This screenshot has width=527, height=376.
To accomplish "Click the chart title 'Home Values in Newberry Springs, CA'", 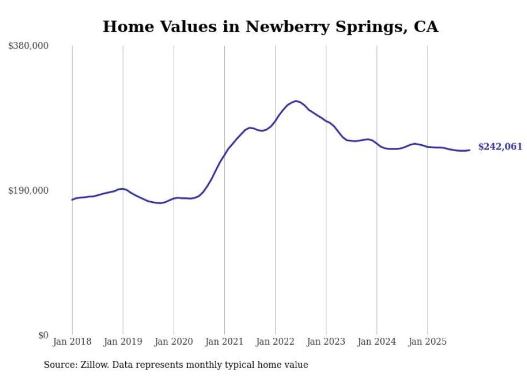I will (270, 26).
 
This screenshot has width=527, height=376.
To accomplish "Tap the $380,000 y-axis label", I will (29, 46).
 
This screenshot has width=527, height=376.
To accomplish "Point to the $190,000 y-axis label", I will (29, 190).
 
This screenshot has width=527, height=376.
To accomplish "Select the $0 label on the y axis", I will (43, 335).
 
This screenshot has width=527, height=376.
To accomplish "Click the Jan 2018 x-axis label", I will (72, 342).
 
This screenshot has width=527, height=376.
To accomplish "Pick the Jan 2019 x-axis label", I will (123, 342).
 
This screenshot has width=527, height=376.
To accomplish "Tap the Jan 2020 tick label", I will (174, 342).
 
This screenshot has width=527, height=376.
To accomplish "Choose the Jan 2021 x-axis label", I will (224, 342).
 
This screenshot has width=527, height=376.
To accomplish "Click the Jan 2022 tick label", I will (275, 342).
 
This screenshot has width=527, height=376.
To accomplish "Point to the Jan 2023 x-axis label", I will (326, 342).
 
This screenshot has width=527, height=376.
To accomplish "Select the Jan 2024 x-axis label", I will (377, 342).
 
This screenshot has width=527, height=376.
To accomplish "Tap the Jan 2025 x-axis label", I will (428, 342).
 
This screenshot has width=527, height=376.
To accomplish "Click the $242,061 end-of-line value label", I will (500, 147).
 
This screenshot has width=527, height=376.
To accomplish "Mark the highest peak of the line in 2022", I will (296, 101).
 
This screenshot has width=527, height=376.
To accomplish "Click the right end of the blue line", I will (469, 150).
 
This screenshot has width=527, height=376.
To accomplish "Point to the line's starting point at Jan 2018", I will (72, 200).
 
